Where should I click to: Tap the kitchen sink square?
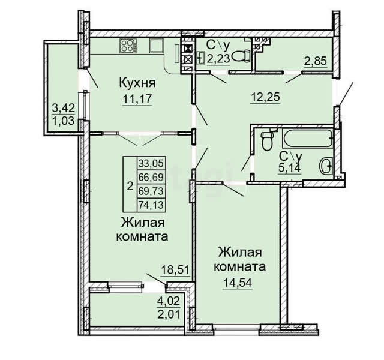(x=156, y=46)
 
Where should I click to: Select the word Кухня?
(x=137, y=83)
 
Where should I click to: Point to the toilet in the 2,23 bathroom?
(x=241, y=56)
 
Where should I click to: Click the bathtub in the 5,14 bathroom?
(x=308, y=139)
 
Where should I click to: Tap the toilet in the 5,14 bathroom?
(x=267, y=140)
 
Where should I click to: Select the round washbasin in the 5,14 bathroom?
(x=326, y=166)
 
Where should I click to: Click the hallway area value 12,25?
(x=265, y=97)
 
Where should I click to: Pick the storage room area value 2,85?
(x=316, y=61)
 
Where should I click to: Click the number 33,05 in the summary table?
(x=151, y=163)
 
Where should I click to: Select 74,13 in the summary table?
(x=151, y=205)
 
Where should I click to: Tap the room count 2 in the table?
(x=130, y=187)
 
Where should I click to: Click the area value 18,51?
(x=175, y=270)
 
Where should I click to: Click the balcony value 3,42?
(x=63, y=108)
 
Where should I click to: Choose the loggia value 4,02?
(x=169, y=301)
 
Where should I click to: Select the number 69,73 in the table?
(x=151, y=191)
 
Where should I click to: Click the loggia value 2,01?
(x=169, y=314)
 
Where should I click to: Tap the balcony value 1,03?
(x=63, y=121)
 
